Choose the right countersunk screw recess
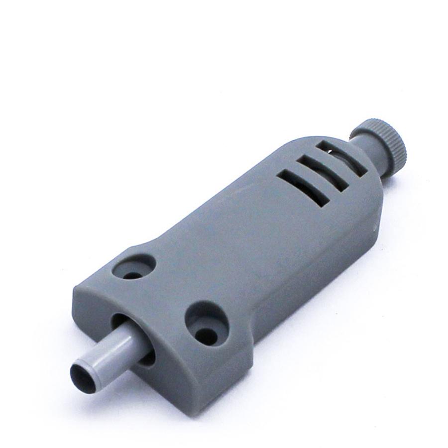[207, 324]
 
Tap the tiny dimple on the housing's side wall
[375, 229]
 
